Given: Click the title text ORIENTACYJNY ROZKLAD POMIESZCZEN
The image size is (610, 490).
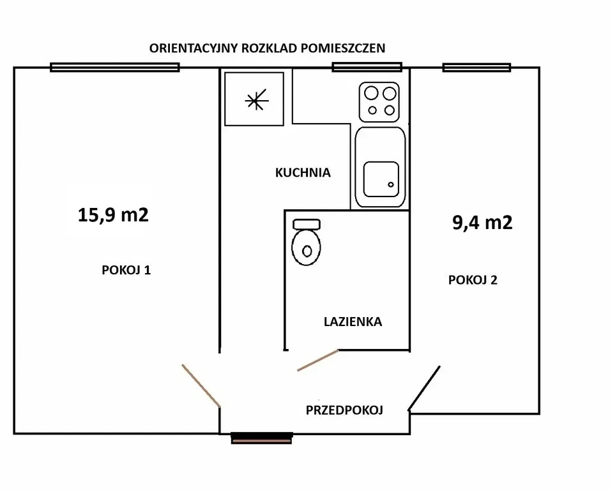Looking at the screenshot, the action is click(x=267, y=48).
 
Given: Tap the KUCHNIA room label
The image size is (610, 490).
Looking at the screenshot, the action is click(x=303, y=172).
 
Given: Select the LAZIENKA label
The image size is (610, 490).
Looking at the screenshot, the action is click(x=353, y=322).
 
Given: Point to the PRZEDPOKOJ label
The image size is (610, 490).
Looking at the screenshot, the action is click(x=344, y=410).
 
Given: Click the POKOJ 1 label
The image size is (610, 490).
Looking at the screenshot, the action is click(x=126, y=270).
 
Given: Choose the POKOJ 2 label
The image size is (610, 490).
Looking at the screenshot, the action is click(x=473, y=280).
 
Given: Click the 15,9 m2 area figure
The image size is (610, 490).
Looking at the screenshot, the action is click(x=113, y=215).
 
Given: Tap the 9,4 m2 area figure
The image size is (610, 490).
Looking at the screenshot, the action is click(x=482, y=223).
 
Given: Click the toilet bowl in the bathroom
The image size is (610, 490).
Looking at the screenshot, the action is click(x=306, y=248).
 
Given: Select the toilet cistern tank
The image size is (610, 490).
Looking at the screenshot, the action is click(x=307, y=224).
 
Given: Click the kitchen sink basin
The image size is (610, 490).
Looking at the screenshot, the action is click(x=381, y=179).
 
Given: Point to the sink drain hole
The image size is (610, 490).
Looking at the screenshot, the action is click(x=391, y=184).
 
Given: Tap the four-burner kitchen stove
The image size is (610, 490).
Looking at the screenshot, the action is click(x=379, y=102).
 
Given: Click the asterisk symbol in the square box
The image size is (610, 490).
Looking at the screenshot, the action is click(x=256, y=100).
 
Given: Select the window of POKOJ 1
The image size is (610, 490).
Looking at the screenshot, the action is click(x=115, y=68).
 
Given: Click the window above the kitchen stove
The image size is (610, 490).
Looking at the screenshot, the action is click(x=367, y=67).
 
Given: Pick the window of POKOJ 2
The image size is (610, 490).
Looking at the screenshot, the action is click(x=477, y=68).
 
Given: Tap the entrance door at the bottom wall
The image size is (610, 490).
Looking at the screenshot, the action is click(x=261, y=438).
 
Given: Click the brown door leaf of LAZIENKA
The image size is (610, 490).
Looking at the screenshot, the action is click(x=318, y=360).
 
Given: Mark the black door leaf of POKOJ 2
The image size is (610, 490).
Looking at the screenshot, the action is click(x=424, y=388).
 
